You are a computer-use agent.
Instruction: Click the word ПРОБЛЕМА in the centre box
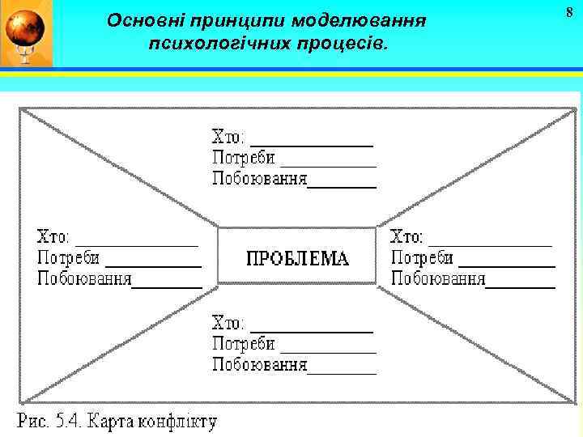pyautogui.click(x=297, y=259)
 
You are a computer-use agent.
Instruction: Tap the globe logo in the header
pyautogui.click(x=26, y=33)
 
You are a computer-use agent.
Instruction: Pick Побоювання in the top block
pyautogui.click(x=259, y=179)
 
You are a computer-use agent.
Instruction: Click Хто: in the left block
pyautogui.click(x=53, y=238)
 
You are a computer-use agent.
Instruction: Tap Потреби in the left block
pyautogui.click(x=69, y=259)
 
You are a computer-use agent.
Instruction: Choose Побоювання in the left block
pyautogui.click(x=84, y=280)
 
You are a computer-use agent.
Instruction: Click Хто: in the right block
pyautogui.click(x=406, y=238)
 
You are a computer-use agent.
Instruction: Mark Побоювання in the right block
pyautogui.click(x=438, y=280)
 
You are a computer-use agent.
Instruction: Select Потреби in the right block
pyautogui.click(x=423, y=259)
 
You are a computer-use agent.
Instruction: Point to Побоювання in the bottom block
pyautogui.click(x=259, y=366)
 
